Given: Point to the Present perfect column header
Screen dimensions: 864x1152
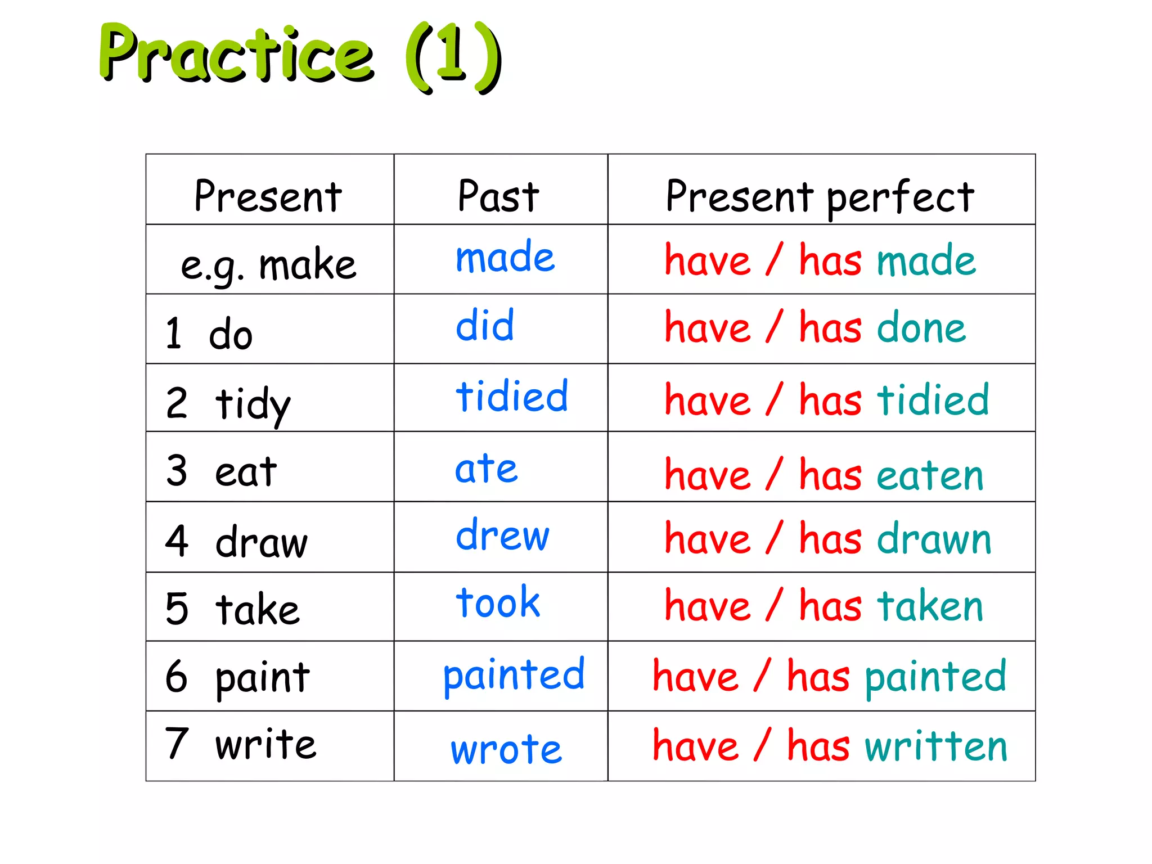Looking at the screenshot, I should coord(820,197).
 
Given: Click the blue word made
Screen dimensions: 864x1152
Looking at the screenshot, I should coord(505,258).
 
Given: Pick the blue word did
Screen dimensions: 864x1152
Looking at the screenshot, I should coord(485,326).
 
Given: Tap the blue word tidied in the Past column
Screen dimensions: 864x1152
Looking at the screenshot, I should coord(512,396).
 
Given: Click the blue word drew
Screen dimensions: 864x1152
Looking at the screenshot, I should coord(502,535).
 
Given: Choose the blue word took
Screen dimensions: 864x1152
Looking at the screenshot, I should coord(498,602).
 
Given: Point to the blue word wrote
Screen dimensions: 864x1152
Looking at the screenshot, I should coord(506,749).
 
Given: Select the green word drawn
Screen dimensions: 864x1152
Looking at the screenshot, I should coord(934,539).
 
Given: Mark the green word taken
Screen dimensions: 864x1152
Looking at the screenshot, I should coord(930,606).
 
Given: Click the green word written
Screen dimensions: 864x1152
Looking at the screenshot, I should coord(936,746).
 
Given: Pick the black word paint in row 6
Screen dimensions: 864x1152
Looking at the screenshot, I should coord(263,677).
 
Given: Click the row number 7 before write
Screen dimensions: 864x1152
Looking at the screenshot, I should coord(177,743).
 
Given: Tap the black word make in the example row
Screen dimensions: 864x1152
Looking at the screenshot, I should coord(308,265).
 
